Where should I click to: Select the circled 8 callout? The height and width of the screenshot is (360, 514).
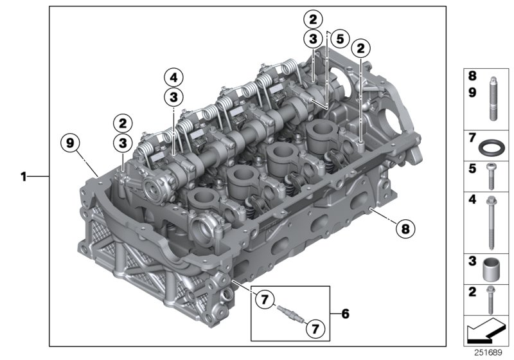pyautogui.click(x=406, y=227)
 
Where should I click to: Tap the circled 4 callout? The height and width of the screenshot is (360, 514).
pyautogui.click(x=173, y=77)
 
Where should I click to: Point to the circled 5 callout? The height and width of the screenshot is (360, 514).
pyautogui.click(x=340, y=39)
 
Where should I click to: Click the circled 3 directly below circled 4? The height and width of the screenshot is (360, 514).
pyautogui.click(x=173, y=97)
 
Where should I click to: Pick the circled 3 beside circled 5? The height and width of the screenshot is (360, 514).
pyautogui.click(x=314, y=39)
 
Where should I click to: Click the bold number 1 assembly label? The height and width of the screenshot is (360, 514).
pyautogui.click(x=23, y=175)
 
